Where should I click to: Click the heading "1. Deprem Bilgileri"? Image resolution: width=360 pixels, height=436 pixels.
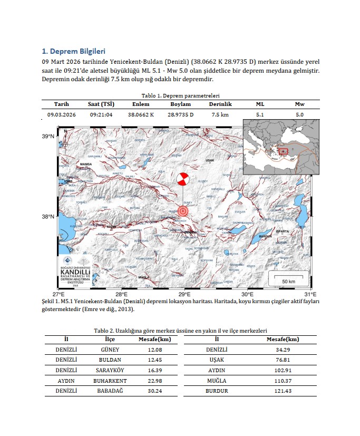(73, 51)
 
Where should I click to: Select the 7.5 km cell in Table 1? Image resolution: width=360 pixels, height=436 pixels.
(220, 114)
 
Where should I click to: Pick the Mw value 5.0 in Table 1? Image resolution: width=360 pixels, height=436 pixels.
(299, 114)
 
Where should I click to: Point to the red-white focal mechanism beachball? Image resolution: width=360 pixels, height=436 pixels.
(183, 179)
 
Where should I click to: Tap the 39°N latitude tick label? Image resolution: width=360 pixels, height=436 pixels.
(48, 137)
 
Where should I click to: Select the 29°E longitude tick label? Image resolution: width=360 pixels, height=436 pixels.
(183, 294)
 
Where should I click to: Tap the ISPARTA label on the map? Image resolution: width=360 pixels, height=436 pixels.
(283, 231)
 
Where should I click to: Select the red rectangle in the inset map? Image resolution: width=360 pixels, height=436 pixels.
(283, 151)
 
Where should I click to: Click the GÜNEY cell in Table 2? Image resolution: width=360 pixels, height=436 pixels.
(110, 350)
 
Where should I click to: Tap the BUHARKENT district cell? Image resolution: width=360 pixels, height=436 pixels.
(110, 381)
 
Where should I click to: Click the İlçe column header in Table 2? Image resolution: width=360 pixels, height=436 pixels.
(110, 340)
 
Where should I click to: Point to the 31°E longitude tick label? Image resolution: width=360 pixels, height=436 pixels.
(310, 294)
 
